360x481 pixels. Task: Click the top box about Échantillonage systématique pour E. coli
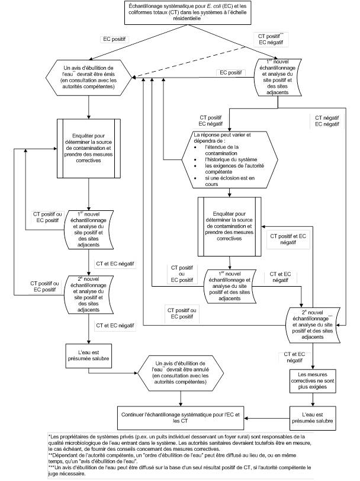pos(179,12)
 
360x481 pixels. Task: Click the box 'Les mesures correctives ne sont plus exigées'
pos(313,382)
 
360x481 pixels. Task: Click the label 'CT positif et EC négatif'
pos(288,239)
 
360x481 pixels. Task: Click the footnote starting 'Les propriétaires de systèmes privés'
pos(178,442)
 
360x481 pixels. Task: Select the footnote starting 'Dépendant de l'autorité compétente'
pos(178,458)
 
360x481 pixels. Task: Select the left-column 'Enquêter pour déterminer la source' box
pos(88,148)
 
